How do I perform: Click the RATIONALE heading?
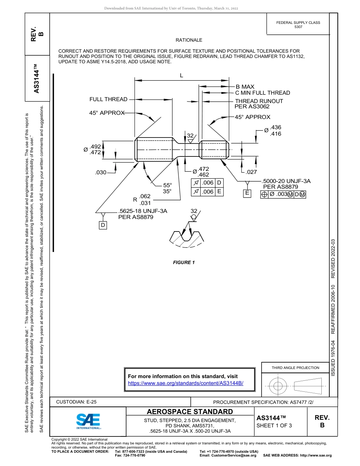[x=189, y=40]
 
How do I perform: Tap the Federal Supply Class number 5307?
[x=298, y=27]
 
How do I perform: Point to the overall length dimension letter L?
[x=182, y=75]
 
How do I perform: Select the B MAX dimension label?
[x=245, y=87]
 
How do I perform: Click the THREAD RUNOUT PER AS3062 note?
[x=259, y=104]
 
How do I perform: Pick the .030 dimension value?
[x=101, y=172]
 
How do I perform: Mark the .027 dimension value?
[x=251, y=172]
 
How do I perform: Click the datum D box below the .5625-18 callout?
[x=103, y=225]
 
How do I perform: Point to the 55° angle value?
[x=167, y=185]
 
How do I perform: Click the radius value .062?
[x=145, y=196]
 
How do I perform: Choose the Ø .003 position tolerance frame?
[x=283, y=194]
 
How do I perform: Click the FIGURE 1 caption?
[x=184, y=263]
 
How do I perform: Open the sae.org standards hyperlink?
[x=186, y=383]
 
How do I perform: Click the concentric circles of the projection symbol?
[x=279, y=386]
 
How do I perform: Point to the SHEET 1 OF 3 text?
[x=274, y=425]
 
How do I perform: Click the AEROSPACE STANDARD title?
[x=190, y=412]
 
